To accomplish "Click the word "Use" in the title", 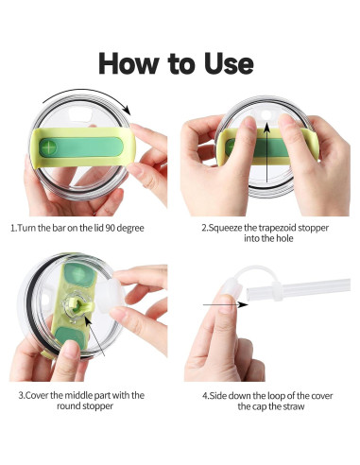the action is (229, 63).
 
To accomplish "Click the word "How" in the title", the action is (129, 63).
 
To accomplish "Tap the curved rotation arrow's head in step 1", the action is (127, 110).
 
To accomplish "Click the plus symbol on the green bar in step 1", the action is (48, 147).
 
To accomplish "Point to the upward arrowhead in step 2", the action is (267, 127).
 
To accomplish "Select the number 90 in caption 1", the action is (110, 228).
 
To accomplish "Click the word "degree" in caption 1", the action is (130, 229).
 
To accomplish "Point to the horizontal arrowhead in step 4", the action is (243, 304).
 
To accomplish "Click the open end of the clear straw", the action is (250, 293).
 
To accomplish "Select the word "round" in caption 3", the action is (68, 405).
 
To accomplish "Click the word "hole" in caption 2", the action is (284, 238).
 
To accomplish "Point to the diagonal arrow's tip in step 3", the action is (86, 319).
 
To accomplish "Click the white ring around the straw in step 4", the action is (276, 291).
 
